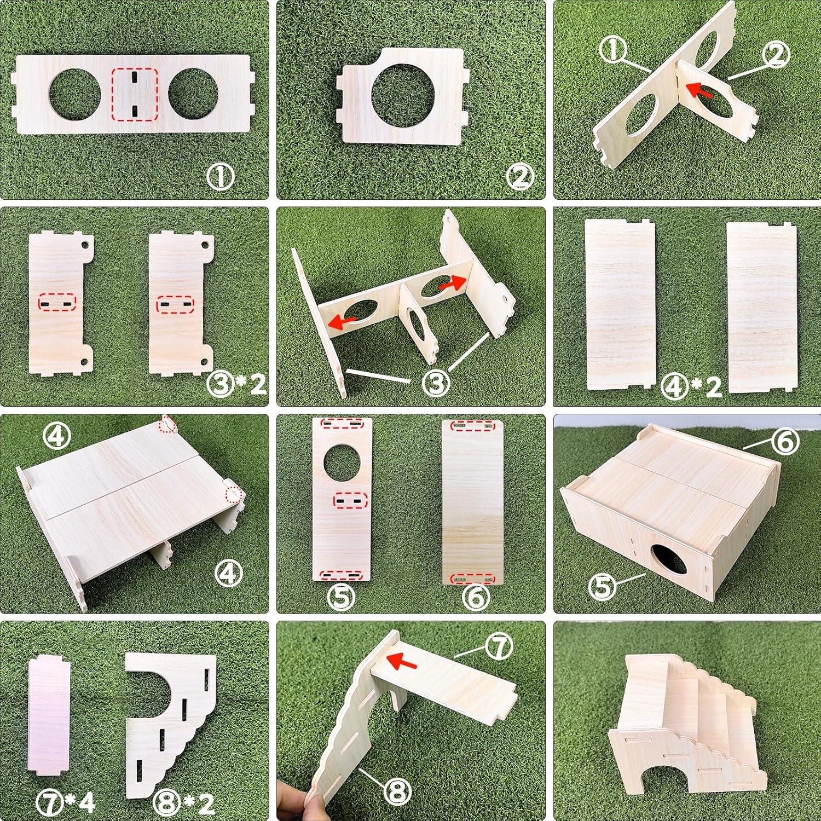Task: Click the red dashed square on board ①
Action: click(135, 95)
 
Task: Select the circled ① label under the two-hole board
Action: click(221, 177)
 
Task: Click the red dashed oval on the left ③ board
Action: click(57, 303)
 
